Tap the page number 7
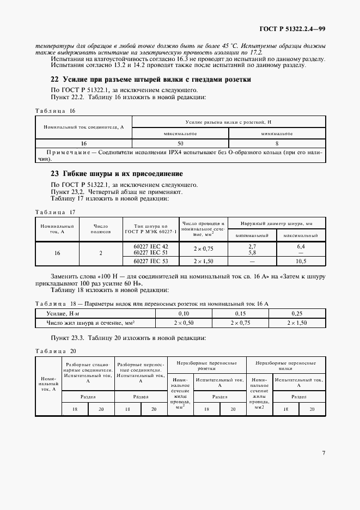pyautogui.click(x=324, y=452)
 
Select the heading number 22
pyautogui.click(x=54, y=80)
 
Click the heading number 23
pyautogui.click(x=54, y=174)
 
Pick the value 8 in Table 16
pyautogui.click(x=277, y=143)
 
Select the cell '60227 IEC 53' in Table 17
pyautogui.click(x=151, y=262)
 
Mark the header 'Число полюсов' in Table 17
pyautogui.click(x=101, y=229)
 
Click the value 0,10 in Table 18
pyautogui.click(x=184, y=313)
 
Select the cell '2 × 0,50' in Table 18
pyautogui.click(x=184, y=323)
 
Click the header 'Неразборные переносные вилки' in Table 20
pyautogui.click(x=285, y=365)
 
